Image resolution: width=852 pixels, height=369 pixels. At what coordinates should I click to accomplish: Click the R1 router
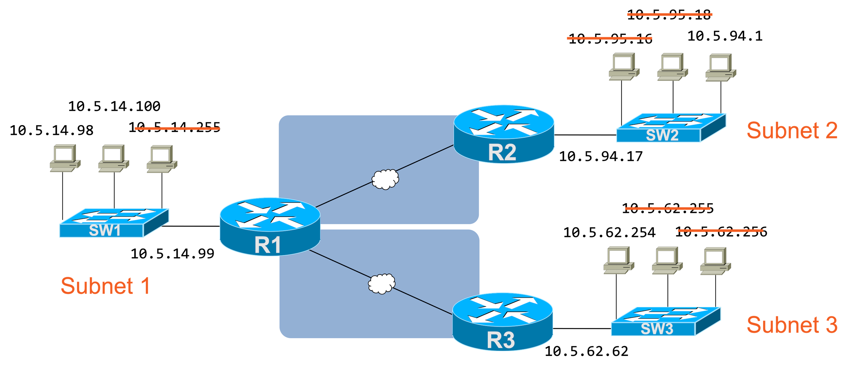click(270, 227)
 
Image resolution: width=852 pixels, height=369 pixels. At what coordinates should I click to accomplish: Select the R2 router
click(504, 134)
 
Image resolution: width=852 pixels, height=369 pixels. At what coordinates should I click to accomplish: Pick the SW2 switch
click(670, 128)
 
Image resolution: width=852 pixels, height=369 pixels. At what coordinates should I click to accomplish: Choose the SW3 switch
click(665, 321)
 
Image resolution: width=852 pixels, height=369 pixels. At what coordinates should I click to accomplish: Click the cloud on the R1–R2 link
click(385, 179)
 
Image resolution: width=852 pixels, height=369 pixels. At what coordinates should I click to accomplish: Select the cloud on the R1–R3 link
click(381, 284)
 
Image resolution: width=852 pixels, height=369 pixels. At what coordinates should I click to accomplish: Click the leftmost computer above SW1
click(65, 158)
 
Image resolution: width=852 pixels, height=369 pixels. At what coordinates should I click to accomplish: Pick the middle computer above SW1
click(114, 158)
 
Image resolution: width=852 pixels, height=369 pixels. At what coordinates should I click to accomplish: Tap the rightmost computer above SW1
click(162, 159)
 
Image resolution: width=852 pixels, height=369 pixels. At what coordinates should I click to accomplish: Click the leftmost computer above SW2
click(624, 66)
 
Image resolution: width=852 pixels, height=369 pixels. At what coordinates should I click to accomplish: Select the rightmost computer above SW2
click(720, 67)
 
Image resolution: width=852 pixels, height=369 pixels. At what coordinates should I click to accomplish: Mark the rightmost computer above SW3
click(715, 261)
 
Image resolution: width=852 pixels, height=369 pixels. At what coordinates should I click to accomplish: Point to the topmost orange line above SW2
click(669, 14)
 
